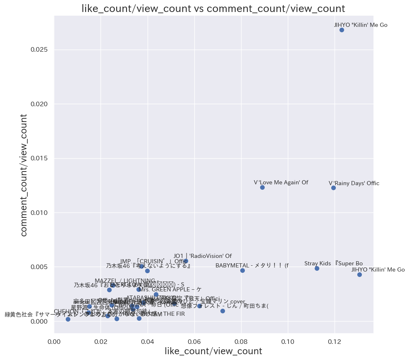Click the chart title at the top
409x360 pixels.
pos(213,9)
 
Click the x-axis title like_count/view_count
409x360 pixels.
pos(213,351)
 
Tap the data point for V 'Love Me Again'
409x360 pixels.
pos(262,187)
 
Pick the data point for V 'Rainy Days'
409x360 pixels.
pos(333,188)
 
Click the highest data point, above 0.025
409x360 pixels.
pos(342,30)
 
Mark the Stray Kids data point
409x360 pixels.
pos(317,268)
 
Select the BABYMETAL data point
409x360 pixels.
pos(242,270)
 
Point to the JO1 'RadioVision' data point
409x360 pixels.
pos(186,261)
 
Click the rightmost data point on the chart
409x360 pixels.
pos(359,274)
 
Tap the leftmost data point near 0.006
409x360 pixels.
pos(68,319)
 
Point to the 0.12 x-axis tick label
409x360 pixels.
pos(335,342)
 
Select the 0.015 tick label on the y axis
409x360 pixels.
pos(40,158)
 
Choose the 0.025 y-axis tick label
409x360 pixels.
pos(40,50)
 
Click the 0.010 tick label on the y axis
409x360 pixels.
pos(40,212)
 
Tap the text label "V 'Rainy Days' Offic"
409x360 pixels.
pos(354,183)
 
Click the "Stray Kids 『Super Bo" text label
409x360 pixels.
pos(333,263)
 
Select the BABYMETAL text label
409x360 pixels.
pos(252,265)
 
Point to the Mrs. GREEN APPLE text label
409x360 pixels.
pos(170,289)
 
